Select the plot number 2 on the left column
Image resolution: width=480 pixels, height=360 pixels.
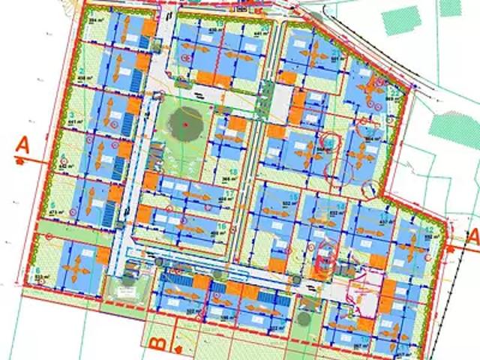[x=81, y=72]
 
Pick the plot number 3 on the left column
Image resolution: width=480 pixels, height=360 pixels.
[x=71, y=114]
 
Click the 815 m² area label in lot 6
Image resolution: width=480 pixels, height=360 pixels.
[x=43, y=276]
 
